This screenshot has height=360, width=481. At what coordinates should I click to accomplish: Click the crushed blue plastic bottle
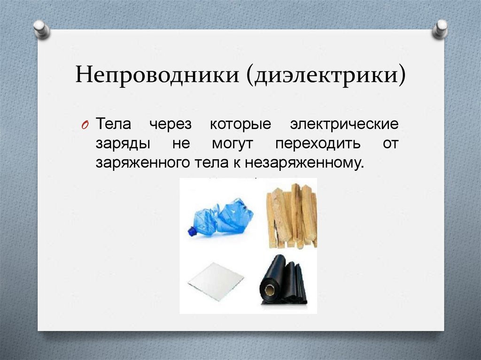pos(221,217)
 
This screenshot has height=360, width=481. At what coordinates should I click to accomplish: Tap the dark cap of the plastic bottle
pos(192,231)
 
